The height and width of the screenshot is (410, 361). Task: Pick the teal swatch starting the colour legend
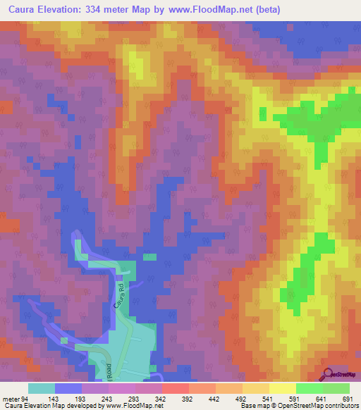(41, 388)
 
